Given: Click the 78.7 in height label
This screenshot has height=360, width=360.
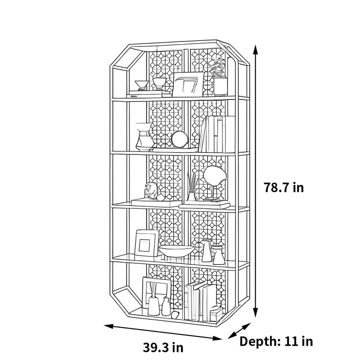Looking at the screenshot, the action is pos(283,187).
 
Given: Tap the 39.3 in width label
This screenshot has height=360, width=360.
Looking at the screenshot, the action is pos(163,347).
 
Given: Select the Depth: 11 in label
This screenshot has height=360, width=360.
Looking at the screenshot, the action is pos(276,342).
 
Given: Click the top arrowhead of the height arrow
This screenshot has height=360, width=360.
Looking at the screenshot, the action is pos(255,49).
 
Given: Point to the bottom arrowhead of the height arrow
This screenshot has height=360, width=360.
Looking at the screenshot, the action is pos(255,313).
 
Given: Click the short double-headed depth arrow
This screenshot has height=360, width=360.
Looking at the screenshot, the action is pos(239,331).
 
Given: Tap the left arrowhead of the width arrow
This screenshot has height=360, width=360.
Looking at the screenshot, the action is pos(108,326).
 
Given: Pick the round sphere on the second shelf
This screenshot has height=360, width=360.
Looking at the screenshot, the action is pos(180,139).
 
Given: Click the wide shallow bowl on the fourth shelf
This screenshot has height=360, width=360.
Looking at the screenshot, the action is pos(176,251).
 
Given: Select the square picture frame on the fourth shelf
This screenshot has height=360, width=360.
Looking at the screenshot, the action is pos(147,243).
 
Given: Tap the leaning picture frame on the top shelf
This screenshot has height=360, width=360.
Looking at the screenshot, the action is pos(188,84).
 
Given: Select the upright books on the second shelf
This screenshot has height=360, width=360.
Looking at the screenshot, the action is pos(217,134).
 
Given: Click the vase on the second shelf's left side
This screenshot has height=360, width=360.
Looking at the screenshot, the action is pos(144,137).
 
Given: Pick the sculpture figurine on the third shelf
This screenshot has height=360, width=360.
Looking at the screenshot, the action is pos(151,190).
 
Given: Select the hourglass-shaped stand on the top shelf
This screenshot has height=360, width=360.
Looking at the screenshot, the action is pos(142,85).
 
